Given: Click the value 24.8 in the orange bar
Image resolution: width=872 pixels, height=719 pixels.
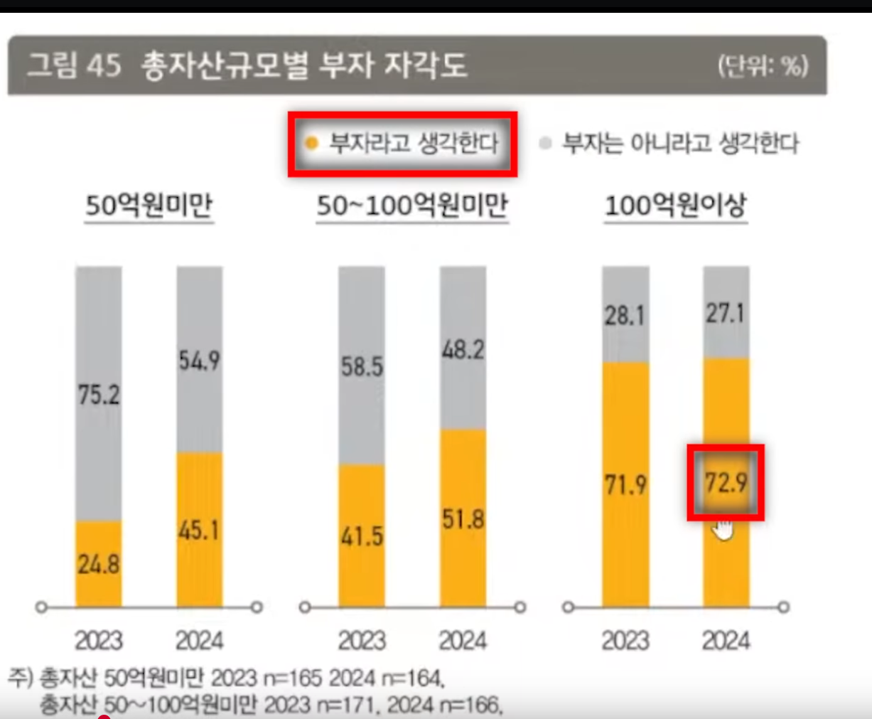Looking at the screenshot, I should (99, 565).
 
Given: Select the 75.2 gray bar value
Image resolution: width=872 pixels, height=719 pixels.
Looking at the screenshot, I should (99, 394).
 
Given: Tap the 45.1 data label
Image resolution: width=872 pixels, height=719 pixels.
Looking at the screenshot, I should (200, 530).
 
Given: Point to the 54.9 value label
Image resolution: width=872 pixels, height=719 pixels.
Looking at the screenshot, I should (200, 361).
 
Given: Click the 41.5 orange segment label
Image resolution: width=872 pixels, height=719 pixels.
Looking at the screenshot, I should (362, 536).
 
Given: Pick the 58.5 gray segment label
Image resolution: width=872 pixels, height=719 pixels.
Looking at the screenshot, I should (362, 367).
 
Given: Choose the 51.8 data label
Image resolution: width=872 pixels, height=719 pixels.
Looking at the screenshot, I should (463, 519).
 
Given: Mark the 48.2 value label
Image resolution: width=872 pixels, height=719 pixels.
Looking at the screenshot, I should (463, 349).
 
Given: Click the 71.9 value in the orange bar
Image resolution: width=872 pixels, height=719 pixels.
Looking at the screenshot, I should (625, 485).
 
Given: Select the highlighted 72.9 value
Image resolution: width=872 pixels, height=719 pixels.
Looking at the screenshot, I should (726, 483).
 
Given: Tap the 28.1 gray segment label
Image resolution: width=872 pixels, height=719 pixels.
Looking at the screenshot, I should (625, 315).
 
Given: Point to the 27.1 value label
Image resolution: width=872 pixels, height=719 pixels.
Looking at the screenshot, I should (726, 313).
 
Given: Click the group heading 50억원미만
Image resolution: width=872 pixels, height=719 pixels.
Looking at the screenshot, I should (149, 206).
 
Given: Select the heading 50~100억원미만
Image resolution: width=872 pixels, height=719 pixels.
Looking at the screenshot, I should (412, 206).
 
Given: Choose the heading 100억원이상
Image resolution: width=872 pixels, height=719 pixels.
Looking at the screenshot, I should (675, 206).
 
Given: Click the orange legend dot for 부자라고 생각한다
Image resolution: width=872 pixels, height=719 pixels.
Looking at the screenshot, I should (311, 143).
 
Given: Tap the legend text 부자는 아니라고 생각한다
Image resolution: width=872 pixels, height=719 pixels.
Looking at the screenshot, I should (680, 143).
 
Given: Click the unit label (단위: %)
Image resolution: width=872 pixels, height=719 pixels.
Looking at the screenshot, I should (763, 66).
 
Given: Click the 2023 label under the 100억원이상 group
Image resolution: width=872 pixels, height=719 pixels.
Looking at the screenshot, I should (625, 640).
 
